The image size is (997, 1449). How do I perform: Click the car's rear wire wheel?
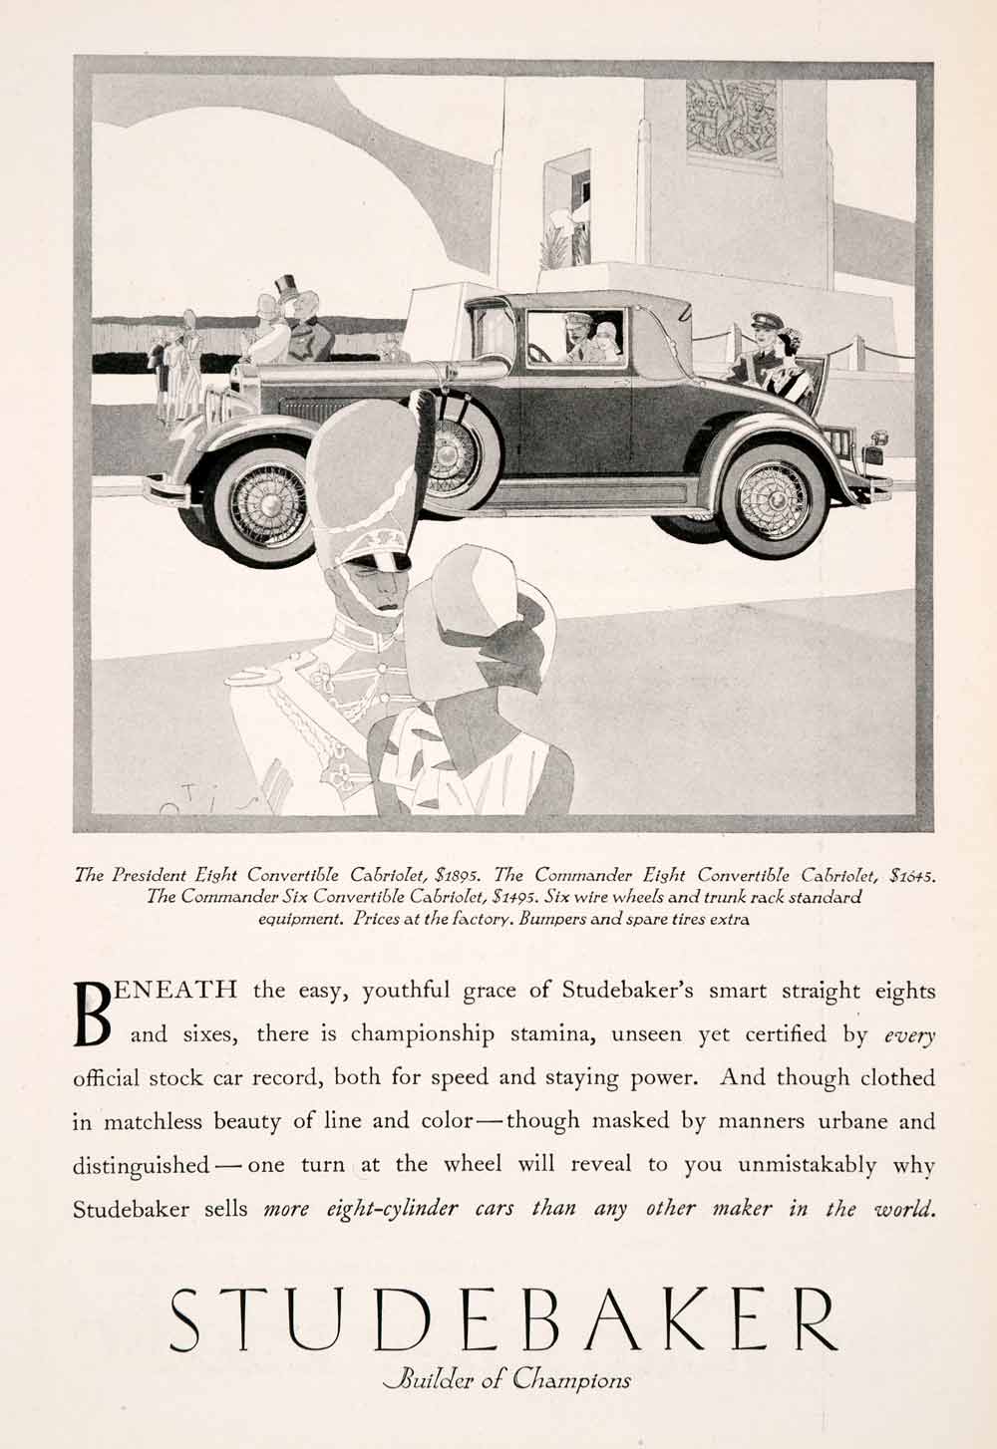773,496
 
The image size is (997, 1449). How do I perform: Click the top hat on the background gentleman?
288,288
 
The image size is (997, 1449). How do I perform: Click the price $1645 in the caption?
914,876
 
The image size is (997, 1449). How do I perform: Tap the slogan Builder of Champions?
507,1380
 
